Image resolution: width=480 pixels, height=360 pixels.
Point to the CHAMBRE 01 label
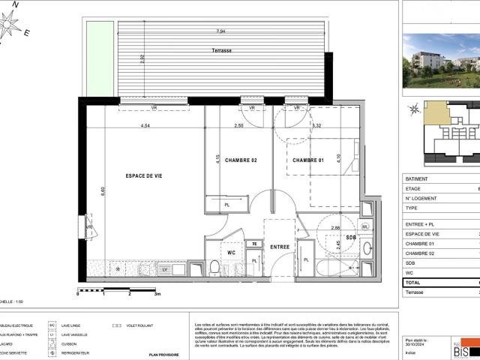click(307, 160)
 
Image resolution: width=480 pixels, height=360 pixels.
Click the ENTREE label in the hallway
click(280, 247)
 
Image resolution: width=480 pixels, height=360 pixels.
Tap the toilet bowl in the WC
click(214, 267)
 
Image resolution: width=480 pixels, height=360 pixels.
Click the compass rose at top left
click(10, 25)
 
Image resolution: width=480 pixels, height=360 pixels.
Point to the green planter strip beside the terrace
click(94, 59)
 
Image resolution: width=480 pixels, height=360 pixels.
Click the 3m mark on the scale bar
click(157, 295)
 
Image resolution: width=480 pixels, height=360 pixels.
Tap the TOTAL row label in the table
click(415, 281)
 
